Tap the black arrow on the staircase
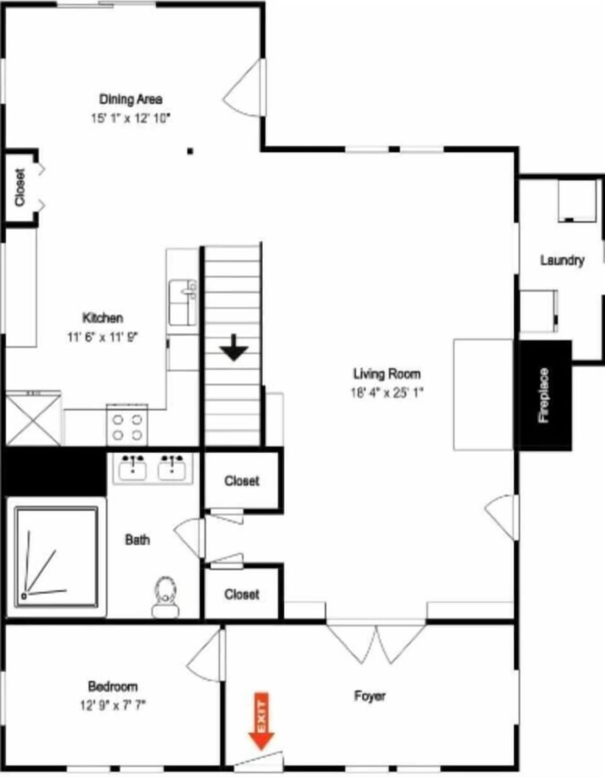pos(234,347)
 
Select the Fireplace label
pos(543,395)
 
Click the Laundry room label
pos(562,260)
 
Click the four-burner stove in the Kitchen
pos(127,425)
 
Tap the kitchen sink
pos(183,302)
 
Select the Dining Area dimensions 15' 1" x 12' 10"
pos(130,118)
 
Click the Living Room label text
pos(387,374)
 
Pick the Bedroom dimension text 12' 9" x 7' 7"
pos(113,706)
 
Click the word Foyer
pos(370,696)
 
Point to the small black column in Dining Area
pos(190,151)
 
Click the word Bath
pos(137,539)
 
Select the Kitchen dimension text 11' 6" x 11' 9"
pos(103,337)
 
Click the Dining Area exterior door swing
pos(245,88)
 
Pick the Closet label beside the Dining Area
pos(20,187)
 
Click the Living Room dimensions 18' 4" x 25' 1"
pos(387,393)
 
